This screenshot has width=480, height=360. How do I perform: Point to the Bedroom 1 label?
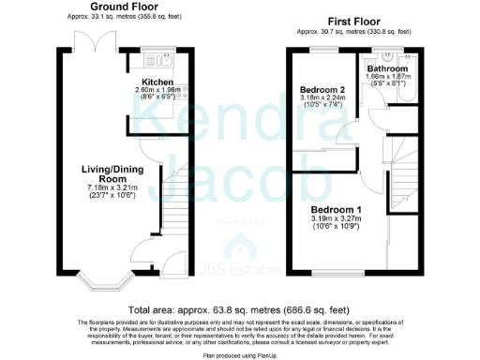[335, 208]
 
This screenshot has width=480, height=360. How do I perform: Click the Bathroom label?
[386, 70]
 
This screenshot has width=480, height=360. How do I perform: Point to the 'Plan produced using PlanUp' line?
[239, 353]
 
